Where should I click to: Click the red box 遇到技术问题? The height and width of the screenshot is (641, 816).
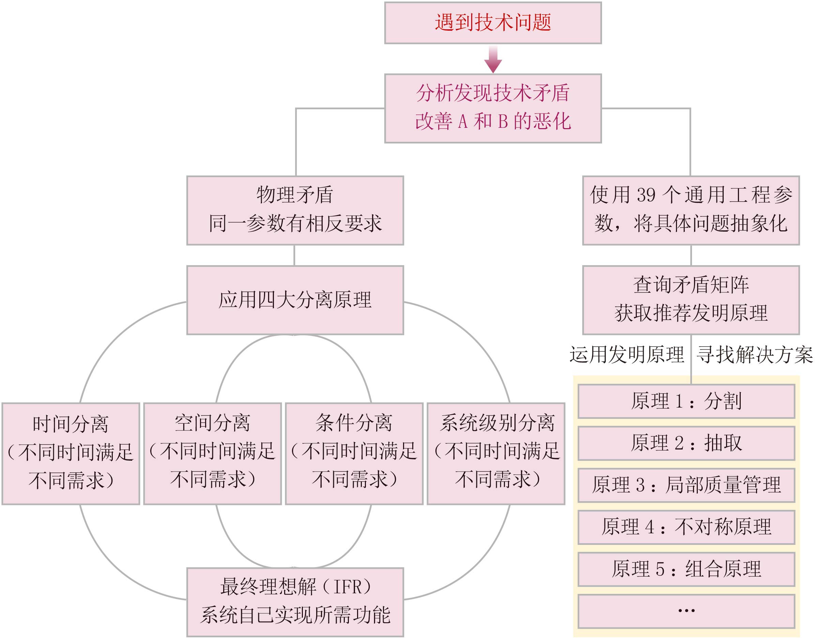[493, 23]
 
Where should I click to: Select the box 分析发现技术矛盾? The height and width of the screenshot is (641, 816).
[493, 108]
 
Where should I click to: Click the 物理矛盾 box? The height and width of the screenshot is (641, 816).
[295, 210]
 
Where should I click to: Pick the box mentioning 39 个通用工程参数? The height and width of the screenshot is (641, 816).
[691, 210]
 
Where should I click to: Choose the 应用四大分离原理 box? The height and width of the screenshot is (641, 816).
[295, 300]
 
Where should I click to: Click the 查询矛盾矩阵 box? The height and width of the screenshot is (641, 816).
[691, 300]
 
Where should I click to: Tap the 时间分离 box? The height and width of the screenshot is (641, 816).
[71, 453]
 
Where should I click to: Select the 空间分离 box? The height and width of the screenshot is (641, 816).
[212, 453]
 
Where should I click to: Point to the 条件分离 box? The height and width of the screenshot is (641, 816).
[354, 453]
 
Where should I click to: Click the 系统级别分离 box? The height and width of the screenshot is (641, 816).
[496, 453]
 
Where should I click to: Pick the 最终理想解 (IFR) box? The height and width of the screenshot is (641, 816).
[295, 601]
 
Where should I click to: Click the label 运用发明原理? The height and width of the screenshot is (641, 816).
[627, 355]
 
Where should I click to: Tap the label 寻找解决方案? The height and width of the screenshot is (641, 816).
[754, 355]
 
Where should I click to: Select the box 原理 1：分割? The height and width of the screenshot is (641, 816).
[686, 401]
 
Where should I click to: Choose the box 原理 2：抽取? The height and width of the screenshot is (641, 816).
[686, 443]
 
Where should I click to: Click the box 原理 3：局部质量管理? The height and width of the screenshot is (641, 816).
[686, 485]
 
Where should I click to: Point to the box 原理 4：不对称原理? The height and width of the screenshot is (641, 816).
[686, 527]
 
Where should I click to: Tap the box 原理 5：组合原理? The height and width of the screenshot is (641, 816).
[686, 569]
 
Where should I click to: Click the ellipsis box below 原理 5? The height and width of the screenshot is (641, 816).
[686, 611]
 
